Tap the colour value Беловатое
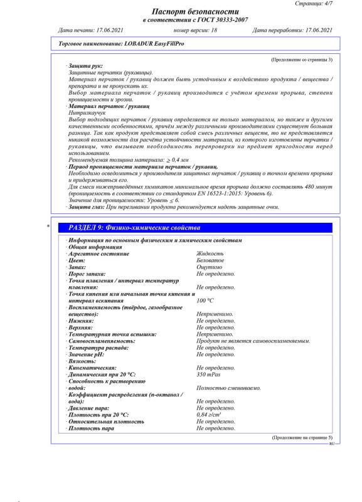pos(210,260)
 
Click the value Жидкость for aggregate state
pos(210,254)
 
